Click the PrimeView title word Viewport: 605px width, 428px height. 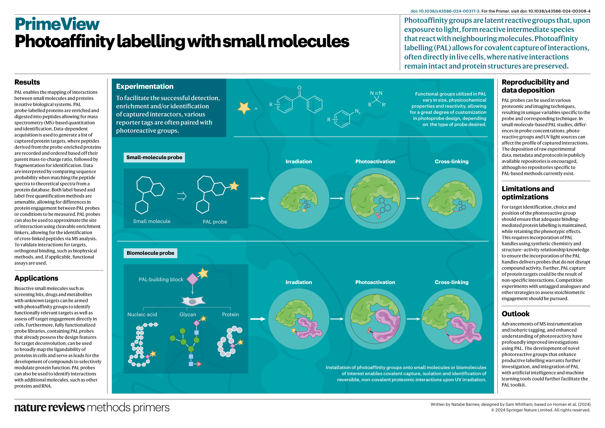coord(57,24)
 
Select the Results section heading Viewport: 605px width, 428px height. coord(27,82)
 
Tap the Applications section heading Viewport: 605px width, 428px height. coord(36,278)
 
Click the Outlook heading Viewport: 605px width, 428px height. coord(515,314)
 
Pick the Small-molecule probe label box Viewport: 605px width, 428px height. coord(154,157)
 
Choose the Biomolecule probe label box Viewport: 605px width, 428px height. coord(150,253)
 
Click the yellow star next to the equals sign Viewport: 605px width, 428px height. coord(244,108)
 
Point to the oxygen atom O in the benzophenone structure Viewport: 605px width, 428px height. coord(299,88)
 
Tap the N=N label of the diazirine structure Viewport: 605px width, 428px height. coord(376,93)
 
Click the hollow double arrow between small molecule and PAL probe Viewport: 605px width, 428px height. coord(181,196)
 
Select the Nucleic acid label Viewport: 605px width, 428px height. coord(142,314)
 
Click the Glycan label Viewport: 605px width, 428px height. coord(188,314)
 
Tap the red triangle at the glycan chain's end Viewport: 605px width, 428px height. coord(199,364)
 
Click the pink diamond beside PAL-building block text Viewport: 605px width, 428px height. coord(192,279)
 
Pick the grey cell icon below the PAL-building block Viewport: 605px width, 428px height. coord(193,301)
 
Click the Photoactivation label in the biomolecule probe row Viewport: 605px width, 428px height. coord(375,282)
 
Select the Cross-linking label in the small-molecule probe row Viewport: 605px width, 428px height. coord(451,162)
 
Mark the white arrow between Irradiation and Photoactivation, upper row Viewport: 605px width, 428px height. coord(337,198)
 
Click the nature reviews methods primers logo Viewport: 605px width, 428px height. coord(92,407)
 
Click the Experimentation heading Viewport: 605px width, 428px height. coord(145,87)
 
